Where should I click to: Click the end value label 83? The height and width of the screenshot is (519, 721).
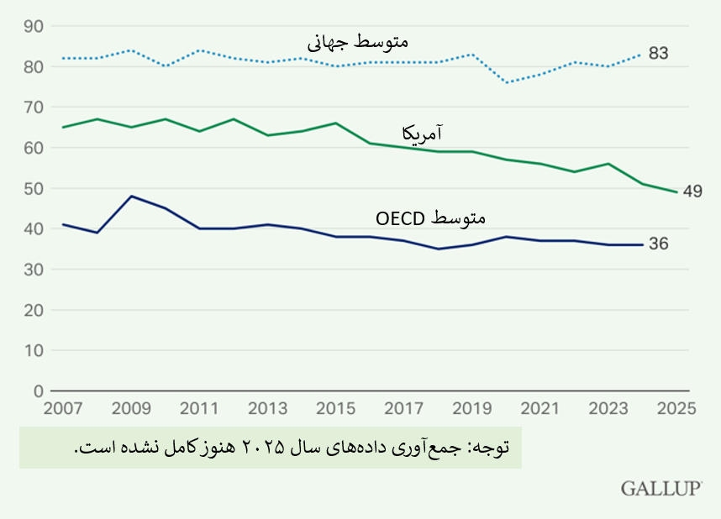tap(659, 54)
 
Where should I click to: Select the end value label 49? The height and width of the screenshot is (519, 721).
tap(692, 191)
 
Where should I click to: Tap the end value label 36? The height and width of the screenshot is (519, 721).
tap(659, 244)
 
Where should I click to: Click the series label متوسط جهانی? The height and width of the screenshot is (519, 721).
tap(358, 40)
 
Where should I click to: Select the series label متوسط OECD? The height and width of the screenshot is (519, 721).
tap(430, 218)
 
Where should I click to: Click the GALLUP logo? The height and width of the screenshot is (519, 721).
tap(662, 489)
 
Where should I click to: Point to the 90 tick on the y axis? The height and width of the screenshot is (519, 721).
tap(34, 26)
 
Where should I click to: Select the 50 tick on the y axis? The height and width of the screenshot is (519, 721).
tap(34, 188)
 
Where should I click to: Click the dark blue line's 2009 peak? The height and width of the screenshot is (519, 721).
tap(132, 197)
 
